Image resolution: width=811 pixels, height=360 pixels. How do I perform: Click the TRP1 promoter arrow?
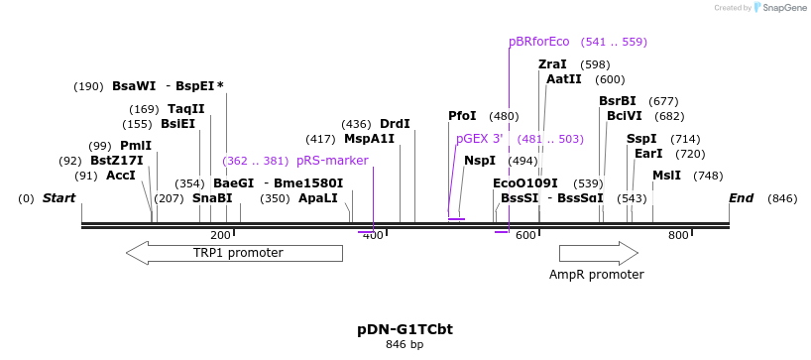point(234,253)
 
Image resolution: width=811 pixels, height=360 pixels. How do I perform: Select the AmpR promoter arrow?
point(597,253)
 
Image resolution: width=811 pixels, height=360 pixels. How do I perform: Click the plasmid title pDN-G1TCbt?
point(405,328)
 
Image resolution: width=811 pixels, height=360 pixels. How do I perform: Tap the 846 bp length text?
point(405,345)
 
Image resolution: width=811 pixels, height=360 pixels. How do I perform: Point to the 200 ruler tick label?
point(220,235)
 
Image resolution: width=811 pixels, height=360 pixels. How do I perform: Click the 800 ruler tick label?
point(678,235)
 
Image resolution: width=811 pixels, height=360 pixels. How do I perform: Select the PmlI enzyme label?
point(136,146)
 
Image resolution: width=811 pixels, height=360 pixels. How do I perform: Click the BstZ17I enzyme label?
point(117,161)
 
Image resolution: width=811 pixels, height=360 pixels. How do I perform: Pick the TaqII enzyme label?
point(186,109)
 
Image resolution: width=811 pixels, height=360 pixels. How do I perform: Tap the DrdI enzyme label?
point(395,124)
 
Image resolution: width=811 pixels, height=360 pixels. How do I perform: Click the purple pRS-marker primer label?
point(332,161)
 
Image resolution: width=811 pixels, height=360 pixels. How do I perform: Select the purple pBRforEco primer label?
point(539,42)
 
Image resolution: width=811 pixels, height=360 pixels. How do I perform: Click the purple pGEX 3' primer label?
point(480,139)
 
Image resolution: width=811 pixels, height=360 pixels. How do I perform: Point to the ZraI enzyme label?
point(552,64)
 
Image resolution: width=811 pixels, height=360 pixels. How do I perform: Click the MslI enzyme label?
point(666,176)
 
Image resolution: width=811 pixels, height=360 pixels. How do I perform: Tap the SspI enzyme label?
point(641,139)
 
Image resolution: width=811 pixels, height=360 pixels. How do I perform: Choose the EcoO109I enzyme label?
point(525,183)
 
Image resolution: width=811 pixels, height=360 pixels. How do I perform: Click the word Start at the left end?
point(58,198)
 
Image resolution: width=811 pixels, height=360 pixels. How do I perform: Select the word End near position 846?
point(741,198)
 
